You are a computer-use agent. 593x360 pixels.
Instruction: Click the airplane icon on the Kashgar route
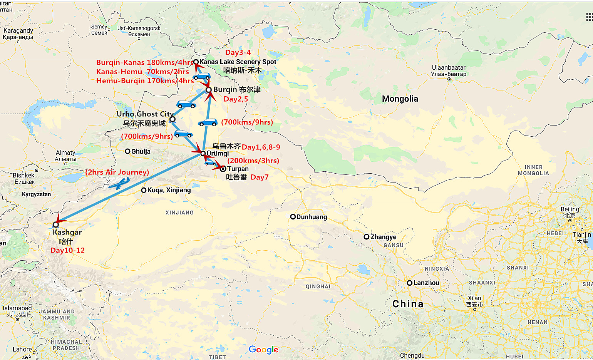point(119,183)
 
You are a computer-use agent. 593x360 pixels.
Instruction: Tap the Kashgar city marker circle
point(56,224)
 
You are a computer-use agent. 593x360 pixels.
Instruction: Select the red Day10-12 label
point(67,250)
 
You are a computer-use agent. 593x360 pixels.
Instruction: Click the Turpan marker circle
point(223,169)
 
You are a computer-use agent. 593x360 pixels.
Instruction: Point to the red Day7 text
point(260,177)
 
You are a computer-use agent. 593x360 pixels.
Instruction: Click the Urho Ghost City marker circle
point(173,119)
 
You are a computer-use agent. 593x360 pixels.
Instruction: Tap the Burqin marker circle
point(209,90)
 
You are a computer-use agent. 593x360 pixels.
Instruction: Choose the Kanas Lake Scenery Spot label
point(238,62)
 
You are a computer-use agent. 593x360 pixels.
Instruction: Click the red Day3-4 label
point(238,52)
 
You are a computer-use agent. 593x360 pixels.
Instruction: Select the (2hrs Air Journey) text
point(117,172)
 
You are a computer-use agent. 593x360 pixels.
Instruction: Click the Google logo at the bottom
point(263,349)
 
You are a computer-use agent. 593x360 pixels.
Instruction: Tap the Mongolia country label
point(400,99)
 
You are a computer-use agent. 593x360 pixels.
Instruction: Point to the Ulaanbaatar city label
point(449,68)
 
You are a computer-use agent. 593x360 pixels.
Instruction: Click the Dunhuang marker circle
point(293,217)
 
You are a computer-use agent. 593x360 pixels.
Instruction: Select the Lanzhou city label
point(426,283)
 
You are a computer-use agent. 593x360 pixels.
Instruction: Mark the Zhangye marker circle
point(367,237)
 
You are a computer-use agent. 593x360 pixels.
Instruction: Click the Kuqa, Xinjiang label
point(169,190)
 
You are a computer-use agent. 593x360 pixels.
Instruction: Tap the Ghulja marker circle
point(127,151)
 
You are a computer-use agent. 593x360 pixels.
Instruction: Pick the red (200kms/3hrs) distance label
point(253,161)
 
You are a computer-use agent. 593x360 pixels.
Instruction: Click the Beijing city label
point(570,209)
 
